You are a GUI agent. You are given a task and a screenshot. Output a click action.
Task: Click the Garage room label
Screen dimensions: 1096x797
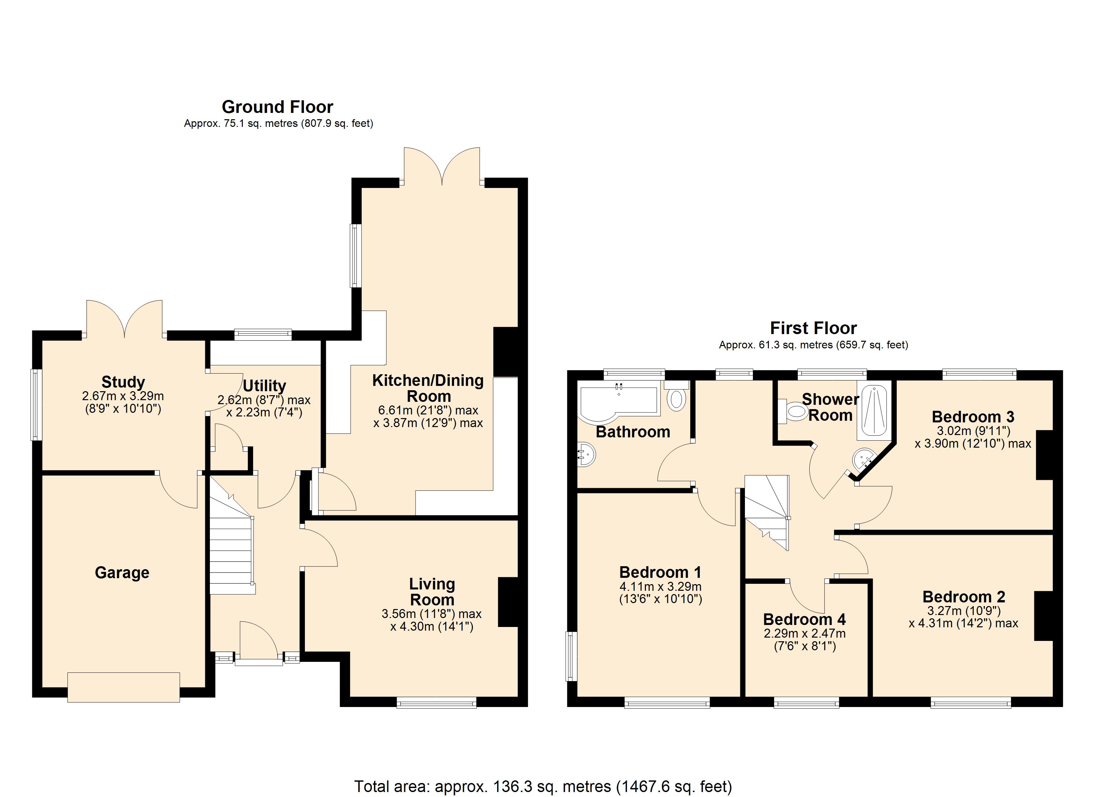[122, 573]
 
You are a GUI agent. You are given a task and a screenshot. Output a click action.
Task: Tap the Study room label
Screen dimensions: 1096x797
[123, 382]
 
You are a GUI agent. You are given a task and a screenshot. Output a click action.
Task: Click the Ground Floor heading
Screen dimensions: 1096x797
[277, 107]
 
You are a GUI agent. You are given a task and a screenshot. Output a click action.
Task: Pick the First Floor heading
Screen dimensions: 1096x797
[813, 328]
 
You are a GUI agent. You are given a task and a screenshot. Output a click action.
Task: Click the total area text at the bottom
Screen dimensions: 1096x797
[543, 786]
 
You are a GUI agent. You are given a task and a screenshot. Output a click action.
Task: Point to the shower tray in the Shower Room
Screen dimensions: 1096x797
[874, 412]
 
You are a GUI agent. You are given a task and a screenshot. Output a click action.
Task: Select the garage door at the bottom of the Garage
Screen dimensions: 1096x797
[124, 687]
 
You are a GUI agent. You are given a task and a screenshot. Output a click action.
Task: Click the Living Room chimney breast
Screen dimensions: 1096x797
[508, 602]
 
